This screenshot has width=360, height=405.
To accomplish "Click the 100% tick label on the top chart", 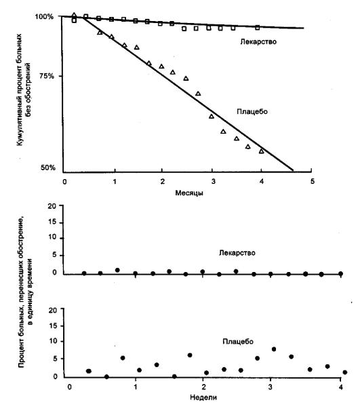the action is (x=44, y=17).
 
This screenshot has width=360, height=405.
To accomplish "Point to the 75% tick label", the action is (x=47, y=76).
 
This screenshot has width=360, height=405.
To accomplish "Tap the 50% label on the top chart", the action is (x=48, y=168).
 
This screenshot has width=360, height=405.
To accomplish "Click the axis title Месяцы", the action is (x=189, y=193).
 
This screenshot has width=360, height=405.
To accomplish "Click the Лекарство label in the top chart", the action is (x=258, y=41).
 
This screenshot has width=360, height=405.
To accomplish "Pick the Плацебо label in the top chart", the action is (x=252, y=111).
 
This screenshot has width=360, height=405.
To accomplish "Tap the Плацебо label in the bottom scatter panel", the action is (x=238, y=341).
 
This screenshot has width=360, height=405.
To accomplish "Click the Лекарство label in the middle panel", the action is (x=237, y=252).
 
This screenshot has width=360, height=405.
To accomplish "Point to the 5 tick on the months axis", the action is (x=313, y=182).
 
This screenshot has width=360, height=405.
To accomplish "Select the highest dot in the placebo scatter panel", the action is (x=274, y=349).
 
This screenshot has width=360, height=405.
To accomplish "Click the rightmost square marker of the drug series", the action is (x=258, y=28).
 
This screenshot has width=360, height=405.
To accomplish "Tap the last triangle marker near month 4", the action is (x=262, y=151).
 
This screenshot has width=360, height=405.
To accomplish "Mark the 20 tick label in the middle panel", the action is (x=52, y=206).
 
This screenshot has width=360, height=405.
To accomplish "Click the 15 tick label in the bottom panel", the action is (x=52, y=326).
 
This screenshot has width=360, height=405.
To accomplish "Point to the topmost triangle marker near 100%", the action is (x=75, y=15).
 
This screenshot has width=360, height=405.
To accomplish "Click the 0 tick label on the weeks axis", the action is (x=69, y=387).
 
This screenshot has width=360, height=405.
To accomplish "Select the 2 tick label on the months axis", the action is (x=162, y=182).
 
